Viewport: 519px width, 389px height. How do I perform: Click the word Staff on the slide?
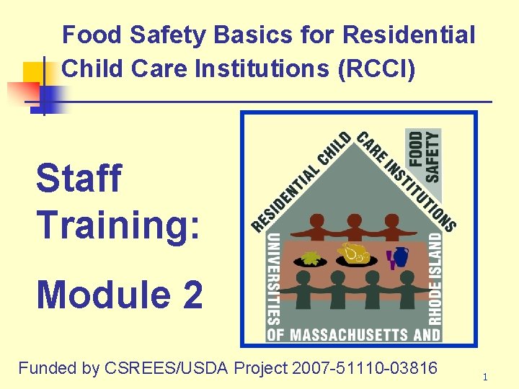point(79,178)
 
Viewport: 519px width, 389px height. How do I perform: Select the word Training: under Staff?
point(118,224)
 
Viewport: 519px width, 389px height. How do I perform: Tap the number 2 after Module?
point(192,295)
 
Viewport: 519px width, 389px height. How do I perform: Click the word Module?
point(102,295)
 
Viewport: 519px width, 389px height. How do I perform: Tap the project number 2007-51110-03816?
point(365,368)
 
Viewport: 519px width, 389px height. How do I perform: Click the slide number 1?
point(485,377)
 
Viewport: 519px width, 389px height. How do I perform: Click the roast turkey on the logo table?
point(356,254)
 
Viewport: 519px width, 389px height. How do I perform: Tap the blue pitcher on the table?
point(400,256)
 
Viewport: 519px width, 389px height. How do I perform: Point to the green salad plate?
point(311,257)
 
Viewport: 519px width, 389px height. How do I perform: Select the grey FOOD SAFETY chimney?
point(424,155)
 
